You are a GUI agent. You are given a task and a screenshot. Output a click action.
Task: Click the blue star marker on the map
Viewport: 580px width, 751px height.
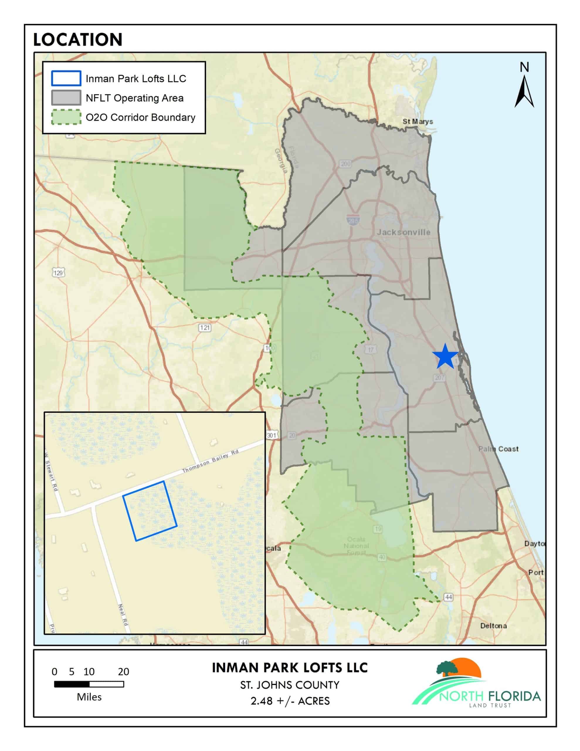(445, 357)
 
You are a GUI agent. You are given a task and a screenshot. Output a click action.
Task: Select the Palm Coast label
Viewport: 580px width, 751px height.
(498, 449)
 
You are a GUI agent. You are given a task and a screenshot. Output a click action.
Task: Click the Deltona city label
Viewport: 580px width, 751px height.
(493, 625)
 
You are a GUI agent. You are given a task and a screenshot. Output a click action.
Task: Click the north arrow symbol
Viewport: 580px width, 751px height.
(524, 91)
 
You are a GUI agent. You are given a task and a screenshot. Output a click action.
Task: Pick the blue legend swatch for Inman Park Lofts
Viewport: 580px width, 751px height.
(66, 78)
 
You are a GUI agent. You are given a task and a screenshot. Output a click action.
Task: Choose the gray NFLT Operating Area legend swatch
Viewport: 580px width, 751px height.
(66, 98)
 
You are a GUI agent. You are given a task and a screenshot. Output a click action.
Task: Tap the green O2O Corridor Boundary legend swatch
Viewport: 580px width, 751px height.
(66, 117)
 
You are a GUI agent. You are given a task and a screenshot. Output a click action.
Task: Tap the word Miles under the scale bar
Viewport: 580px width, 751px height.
(89, 697)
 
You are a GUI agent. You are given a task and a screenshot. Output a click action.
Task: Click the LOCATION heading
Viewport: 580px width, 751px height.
(78, 40)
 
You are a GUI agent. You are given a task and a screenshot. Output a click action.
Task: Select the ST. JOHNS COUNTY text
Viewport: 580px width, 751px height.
(289, 685)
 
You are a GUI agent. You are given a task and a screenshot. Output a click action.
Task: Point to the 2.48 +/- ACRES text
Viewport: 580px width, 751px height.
(289, 701)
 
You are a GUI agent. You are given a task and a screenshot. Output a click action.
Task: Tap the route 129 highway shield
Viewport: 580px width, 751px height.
(58, 273)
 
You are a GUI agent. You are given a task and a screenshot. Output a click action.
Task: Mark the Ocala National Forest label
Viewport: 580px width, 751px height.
(356, 546)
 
